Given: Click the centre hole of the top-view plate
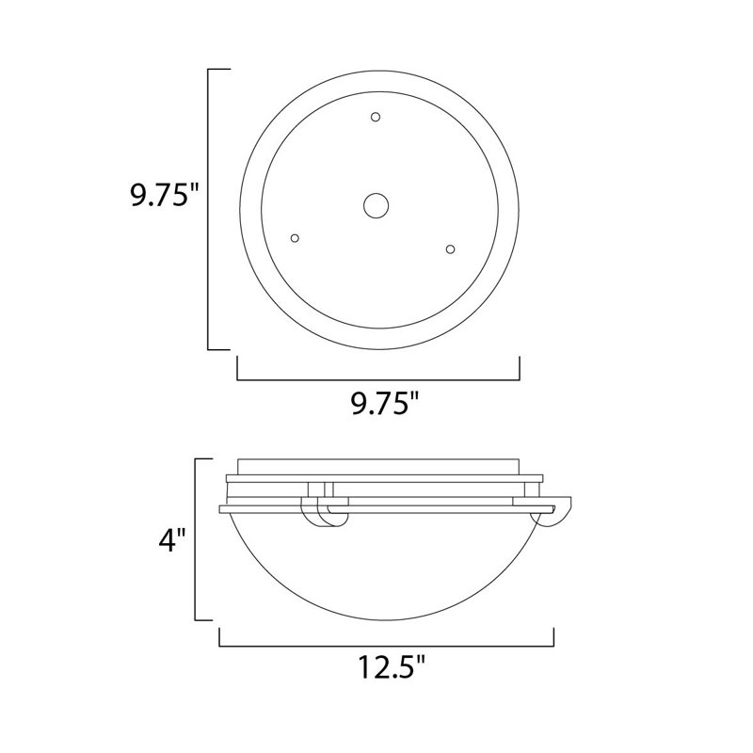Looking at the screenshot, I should coord(377,206).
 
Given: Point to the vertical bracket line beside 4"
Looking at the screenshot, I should coord(196,539).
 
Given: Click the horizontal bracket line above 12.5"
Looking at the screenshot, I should coord(386,647).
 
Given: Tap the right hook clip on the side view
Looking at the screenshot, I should coord(553,514).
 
